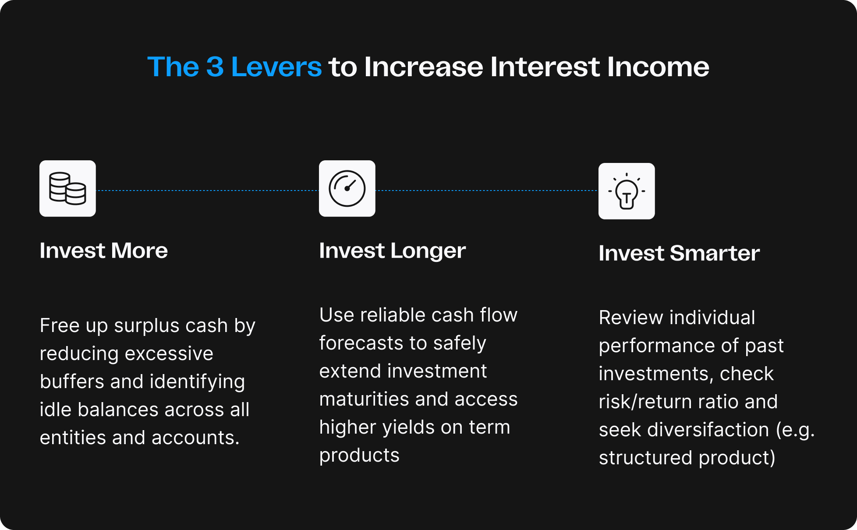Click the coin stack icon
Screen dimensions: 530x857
point(67,188)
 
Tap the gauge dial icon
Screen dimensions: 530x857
point(347,188)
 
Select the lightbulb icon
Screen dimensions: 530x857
point(627,191)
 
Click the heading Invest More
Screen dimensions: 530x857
point(104,251)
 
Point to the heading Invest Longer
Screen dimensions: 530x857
point(392,251)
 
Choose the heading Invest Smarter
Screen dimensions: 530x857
point(679,253)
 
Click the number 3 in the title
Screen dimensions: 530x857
point(215,67)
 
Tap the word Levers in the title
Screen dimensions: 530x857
point(276,67)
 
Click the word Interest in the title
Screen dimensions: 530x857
point(545,67)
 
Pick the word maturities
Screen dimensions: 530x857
point(364,399)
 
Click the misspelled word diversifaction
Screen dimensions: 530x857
point(708,430)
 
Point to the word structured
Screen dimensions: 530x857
point(645,458)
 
